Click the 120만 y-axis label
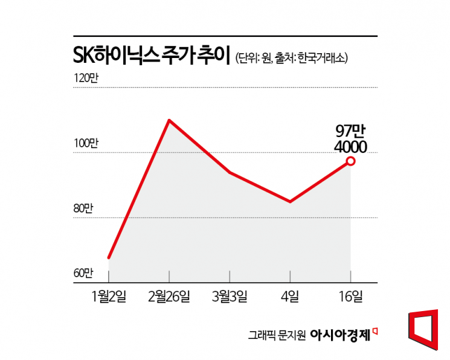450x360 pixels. click(x=85, y=79)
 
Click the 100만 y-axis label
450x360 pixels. click(x=85, y=144)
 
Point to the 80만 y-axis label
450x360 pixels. click(x=84, y=208)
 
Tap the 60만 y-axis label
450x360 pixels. click(x=84, y=273)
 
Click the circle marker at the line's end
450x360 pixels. click(x=350, y=161)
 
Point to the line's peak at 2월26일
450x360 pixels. click(x=169, y=120)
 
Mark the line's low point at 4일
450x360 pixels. click(x=291, y=202)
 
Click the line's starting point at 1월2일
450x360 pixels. click(x=109, y=257)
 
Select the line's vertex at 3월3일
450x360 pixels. click(x=230, y=173)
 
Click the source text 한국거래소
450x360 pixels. click(x=323, y=59)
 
